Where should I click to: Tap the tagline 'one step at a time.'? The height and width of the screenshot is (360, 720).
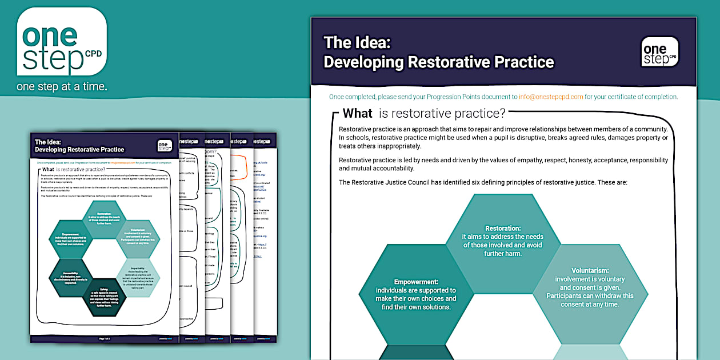click(62, 87)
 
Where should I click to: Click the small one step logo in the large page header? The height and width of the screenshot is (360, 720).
click(659, 52)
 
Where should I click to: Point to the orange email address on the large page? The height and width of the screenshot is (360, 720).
click(551, 97)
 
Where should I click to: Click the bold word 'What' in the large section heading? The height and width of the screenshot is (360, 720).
click(357, 113)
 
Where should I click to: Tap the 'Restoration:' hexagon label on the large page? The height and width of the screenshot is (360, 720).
click(503, 228)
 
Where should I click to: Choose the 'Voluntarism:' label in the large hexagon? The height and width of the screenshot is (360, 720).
click(590, 270)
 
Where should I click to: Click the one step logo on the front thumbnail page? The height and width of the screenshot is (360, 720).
click(165, 146)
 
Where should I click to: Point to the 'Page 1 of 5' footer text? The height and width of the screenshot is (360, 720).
click(106, 339)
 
